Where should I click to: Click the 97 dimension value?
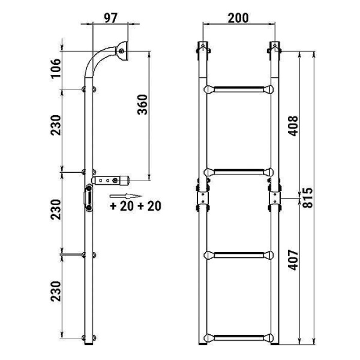(110, 18)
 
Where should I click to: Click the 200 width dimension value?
(238, 18)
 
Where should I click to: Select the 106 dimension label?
(56, 68)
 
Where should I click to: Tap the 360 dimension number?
(142, 104)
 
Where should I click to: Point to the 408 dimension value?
(293, 126)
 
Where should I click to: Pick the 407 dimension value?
(293, 260)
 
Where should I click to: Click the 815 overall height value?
(308, 198)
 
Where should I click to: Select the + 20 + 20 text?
(136, 206)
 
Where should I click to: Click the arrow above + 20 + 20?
(125, 196)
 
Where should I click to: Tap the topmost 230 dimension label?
(56, 125)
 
